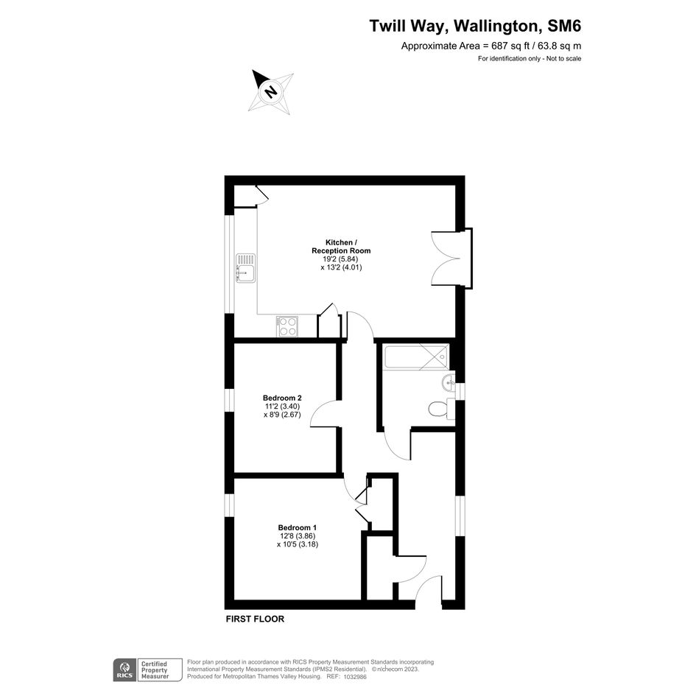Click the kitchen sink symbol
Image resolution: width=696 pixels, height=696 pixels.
click(245, 267)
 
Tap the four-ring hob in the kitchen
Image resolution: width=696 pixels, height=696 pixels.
click(287, 326)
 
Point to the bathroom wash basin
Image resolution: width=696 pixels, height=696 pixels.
click(449, 383)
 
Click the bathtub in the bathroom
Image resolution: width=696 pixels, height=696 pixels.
click(417, 356)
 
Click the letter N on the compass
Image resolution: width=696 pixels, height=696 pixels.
click(270, 92)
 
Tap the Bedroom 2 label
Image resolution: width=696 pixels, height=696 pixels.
click(282, 398)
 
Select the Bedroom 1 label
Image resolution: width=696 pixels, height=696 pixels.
click(298, 527)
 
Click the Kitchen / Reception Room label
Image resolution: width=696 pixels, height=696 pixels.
click(341, 246)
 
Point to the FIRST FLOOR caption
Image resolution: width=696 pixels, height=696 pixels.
click(256, 619)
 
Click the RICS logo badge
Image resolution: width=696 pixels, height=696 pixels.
click(124, 669)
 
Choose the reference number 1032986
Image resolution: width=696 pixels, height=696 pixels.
click(355, 676)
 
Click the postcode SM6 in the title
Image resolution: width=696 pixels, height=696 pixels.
click(564, 26)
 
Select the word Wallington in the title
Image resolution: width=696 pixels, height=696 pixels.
click(496, 27)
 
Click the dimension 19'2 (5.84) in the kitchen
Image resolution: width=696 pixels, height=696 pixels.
click(341, 259)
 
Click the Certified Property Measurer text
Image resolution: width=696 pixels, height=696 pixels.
click(155, 670)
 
